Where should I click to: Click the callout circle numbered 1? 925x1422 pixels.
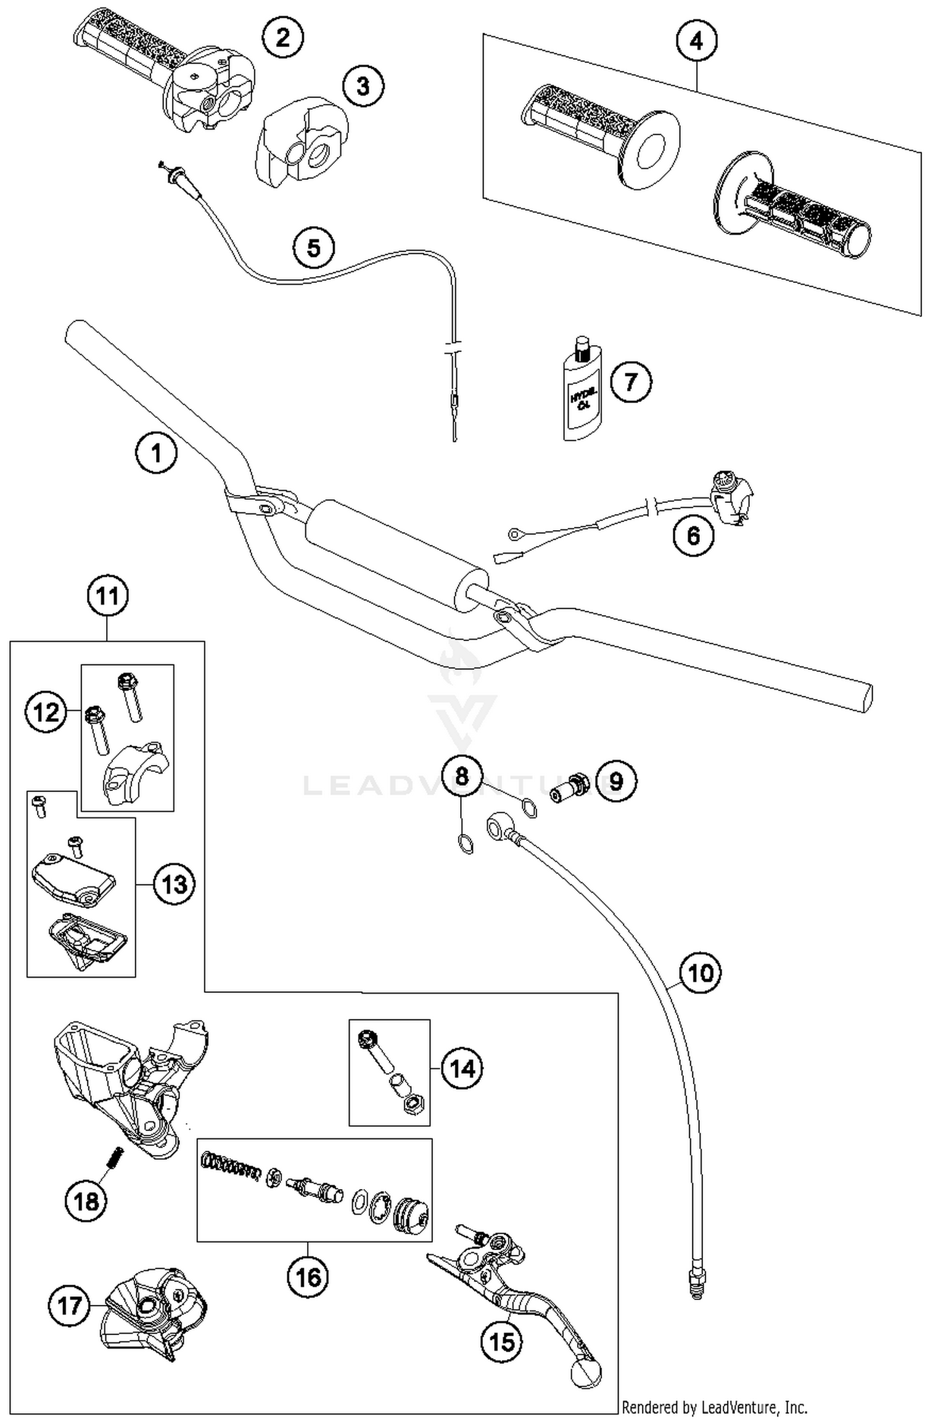(156, 453)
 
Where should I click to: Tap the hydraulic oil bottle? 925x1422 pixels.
(580, 394)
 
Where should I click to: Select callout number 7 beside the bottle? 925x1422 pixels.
(630, 382)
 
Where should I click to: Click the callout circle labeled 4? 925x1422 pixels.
(696, 41)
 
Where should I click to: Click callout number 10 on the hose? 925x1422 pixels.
(700, 973)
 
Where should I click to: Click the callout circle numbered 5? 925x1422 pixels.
(314, 248)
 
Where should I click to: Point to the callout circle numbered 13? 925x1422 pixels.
(174, 885)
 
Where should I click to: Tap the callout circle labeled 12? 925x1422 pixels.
(46, 713)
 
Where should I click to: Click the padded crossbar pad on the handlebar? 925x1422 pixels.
(395, 555)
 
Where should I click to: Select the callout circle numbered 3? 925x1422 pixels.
(363, 86)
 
